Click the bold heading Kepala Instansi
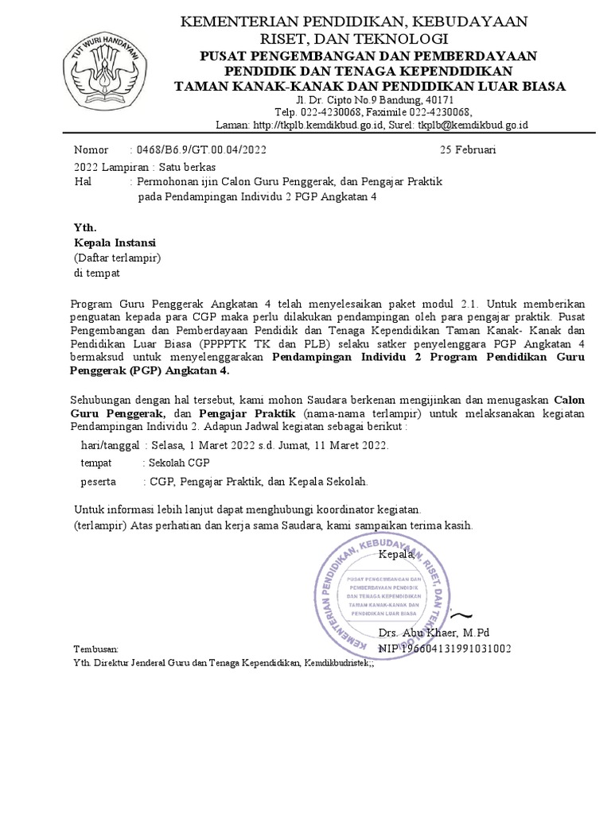115,242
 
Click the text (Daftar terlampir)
118,258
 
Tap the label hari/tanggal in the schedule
111,445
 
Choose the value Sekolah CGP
177,463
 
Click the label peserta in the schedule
99,481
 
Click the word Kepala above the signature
396,554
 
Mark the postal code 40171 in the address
437,100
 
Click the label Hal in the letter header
83,182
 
